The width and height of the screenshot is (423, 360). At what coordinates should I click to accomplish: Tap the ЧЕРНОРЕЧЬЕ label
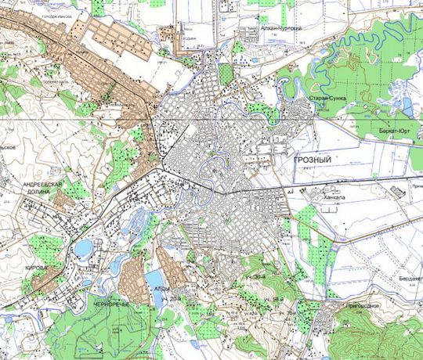pos(110,303)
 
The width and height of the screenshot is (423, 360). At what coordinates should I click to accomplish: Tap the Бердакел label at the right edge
pos(408,278)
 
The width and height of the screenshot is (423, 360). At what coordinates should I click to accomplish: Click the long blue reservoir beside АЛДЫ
pos(154,279)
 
